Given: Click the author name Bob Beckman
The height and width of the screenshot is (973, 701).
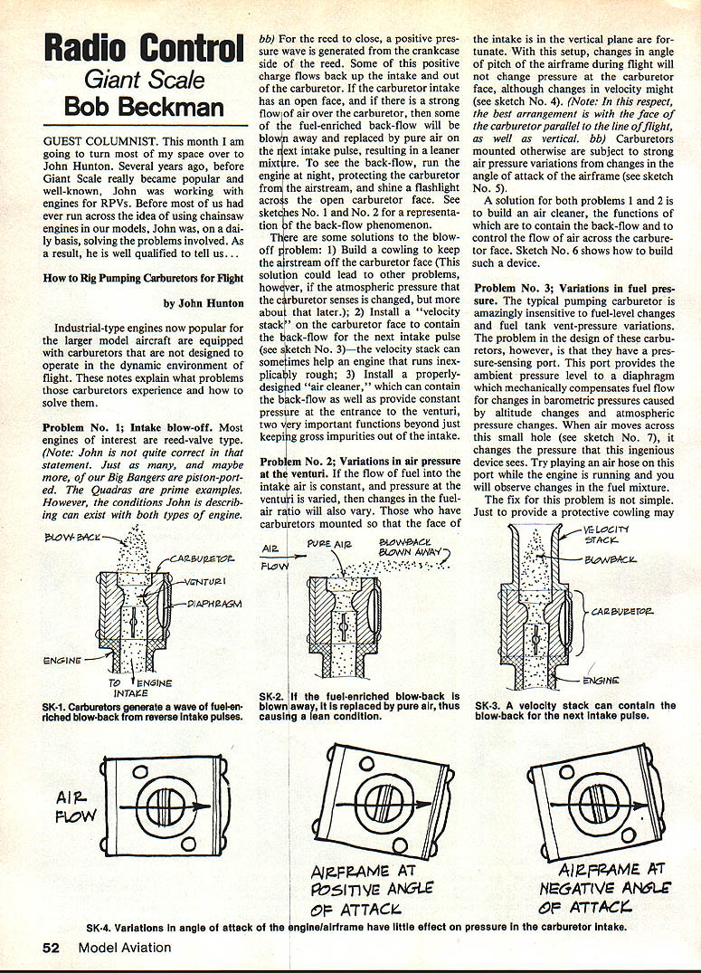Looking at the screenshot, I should [x=144, y=108].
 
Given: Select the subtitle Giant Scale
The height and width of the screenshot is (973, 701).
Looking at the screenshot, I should [x=144, y=78].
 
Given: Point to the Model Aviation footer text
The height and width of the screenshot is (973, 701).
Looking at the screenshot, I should [x=124, y=948].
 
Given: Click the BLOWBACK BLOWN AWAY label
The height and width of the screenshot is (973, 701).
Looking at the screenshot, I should [x=409, y=549].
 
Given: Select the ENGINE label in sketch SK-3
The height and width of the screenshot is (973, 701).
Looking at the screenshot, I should [x=601, y=680].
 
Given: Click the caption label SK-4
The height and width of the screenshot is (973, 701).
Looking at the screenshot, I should [x=101, y=928].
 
